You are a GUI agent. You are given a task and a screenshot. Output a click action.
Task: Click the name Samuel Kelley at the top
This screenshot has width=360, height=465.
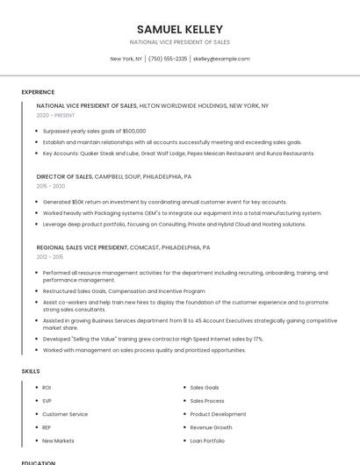click(179, 29)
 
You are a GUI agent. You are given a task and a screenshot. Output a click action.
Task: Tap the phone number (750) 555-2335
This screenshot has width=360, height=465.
click(168, 59)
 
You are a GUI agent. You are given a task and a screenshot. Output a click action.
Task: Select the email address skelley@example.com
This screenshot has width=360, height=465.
click(221, 59)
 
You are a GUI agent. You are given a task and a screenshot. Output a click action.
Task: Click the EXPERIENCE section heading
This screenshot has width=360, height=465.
click(38, 91)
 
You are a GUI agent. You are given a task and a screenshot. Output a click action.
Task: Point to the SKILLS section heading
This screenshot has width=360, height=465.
click(31, 371)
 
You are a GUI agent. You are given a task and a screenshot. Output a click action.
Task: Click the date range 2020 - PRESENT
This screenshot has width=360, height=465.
click(55, 115)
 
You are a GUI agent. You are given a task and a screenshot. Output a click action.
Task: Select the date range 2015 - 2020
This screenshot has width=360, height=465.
click(51, 186)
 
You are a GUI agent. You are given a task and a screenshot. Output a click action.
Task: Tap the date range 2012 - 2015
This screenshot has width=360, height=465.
click(50, 257)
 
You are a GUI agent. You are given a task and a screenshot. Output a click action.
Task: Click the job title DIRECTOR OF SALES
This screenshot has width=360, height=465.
click(64, 176)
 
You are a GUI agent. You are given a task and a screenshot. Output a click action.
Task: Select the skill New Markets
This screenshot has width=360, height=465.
click(58, 440)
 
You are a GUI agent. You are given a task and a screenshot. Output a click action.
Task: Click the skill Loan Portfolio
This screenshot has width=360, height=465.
click(207, 440)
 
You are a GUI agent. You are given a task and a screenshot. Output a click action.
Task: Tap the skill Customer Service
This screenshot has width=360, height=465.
click(65, 414)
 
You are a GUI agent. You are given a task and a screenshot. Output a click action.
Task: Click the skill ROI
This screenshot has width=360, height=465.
click(47, 387)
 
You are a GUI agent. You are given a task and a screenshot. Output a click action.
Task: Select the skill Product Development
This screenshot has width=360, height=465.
click(218, 414)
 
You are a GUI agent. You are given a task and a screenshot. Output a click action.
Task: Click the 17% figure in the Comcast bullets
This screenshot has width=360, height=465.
click(257, 339)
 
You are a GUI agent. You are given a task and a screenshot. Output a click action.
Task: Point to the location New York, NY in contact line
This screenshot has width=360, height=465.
click(126, 59)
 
